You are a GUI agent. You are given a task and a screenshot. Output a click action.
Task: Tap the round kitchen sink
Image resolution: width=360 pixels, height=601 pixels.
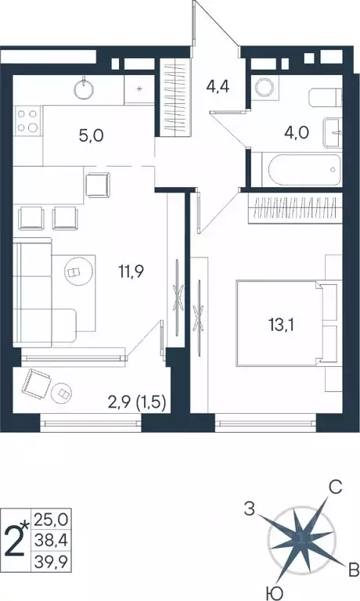[x=86, y=88]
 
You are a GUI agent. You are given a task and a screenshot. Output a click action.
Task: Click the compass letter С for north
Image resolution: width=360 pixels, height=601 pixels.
[x=335, y=488]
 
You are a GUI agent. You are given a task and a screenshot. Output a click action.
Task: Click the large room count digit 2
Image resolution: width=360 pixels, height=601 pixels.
[x=16, y=541]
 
